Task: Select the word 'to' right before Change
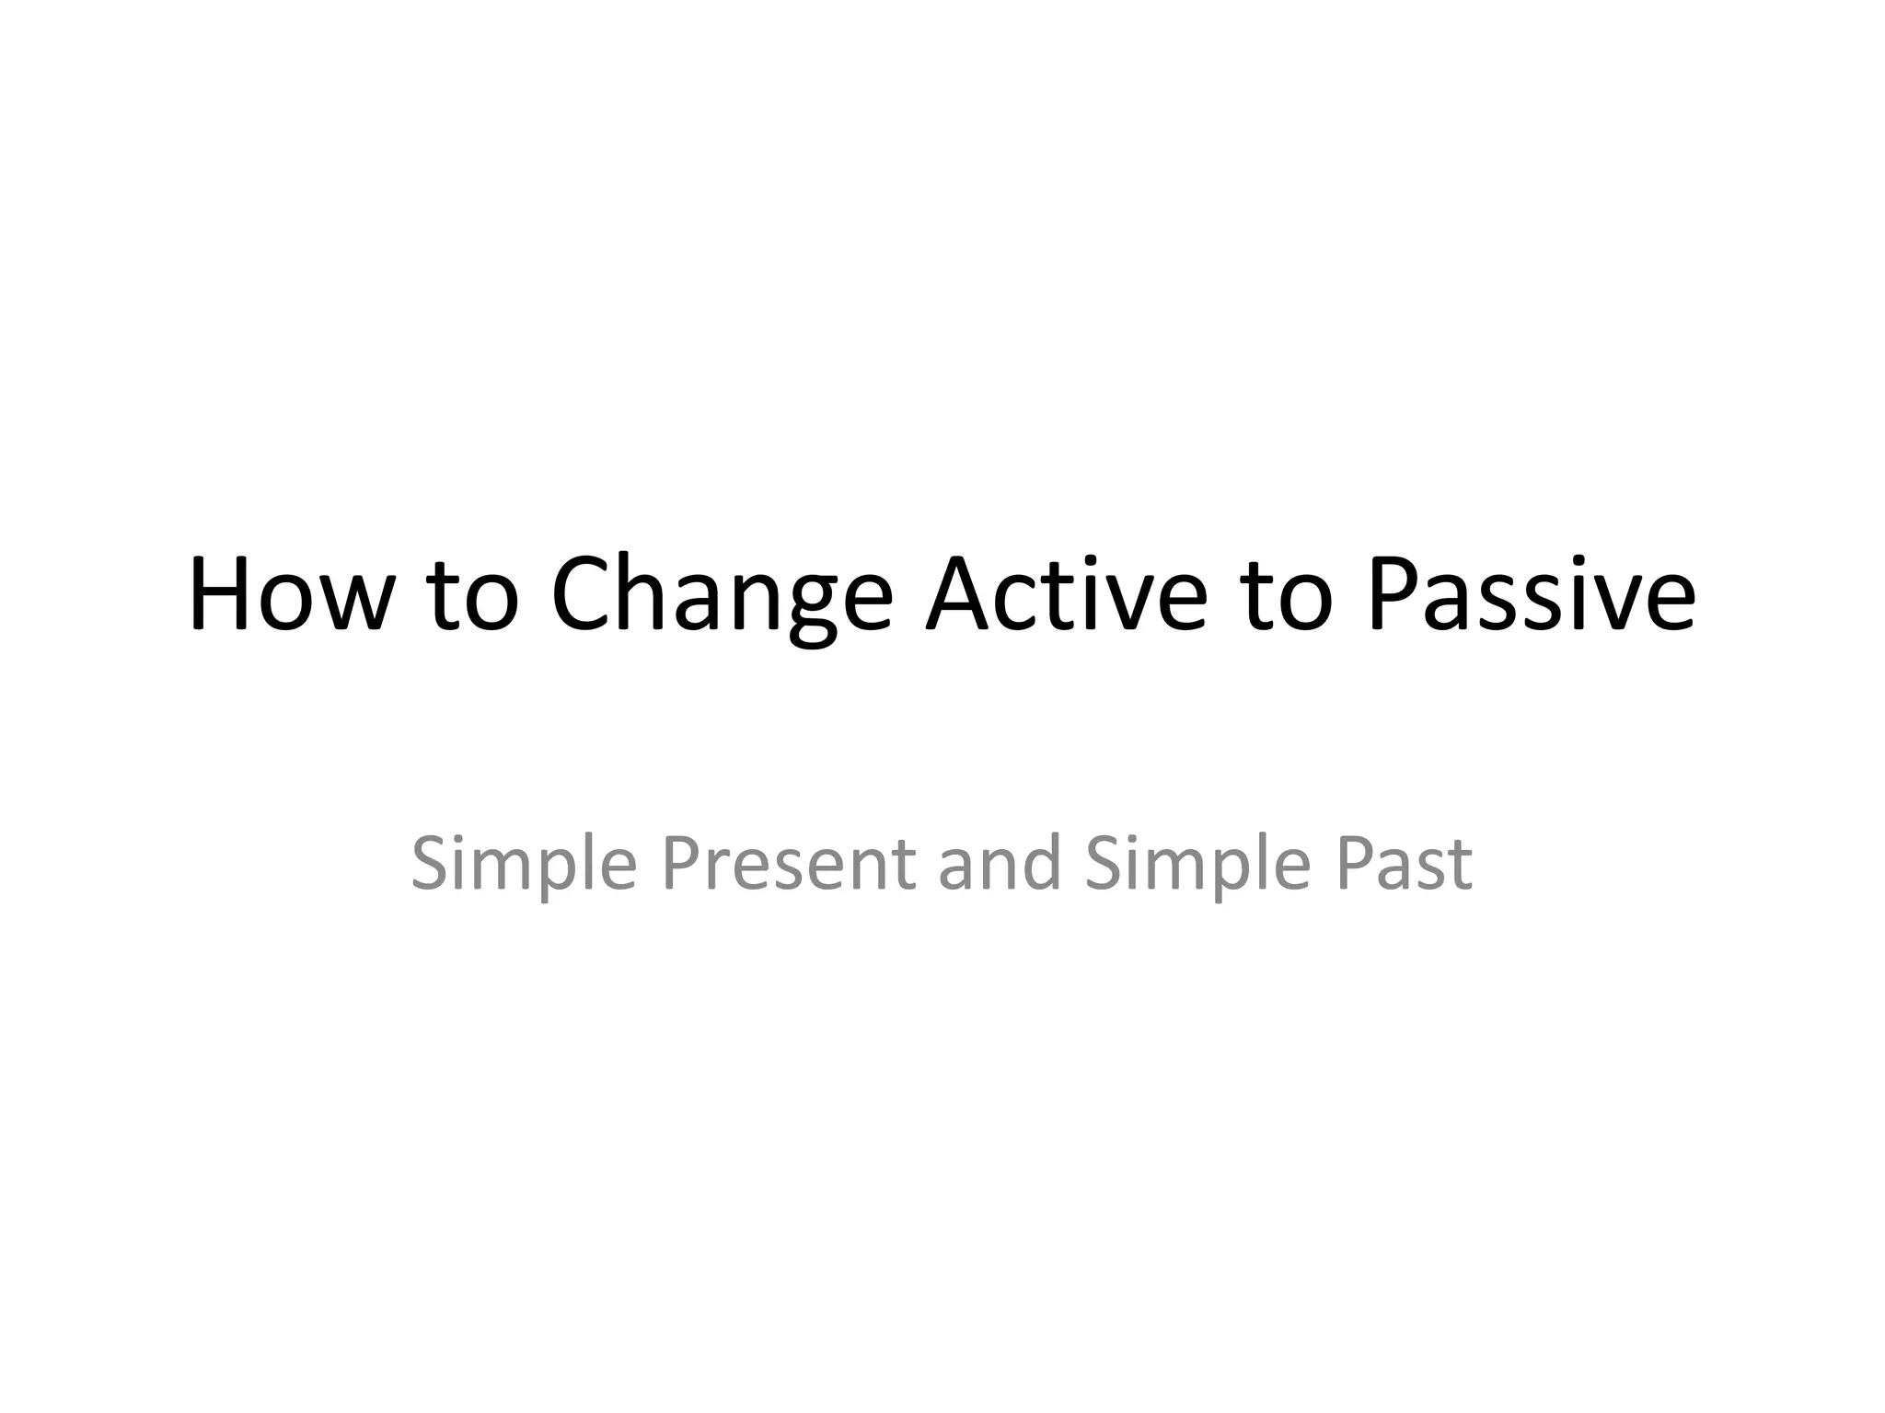coord(473,598)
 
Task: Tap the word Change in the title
coord(722,598)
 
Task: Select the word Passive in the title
coord(1530,595)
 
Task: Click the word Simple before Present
coord(523,865)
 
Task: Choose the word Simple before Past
coord(1197,865)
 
